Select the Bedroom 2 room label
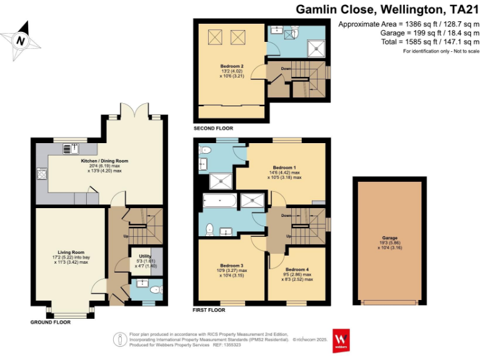(231, 66)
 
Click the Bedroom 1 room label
(284, 167)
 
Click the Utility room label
(144, 256)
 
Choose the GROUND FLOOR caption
(51, 322)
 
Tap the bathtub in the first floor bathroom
(220, 202)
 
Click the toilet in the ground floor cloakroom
(156, 289)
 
